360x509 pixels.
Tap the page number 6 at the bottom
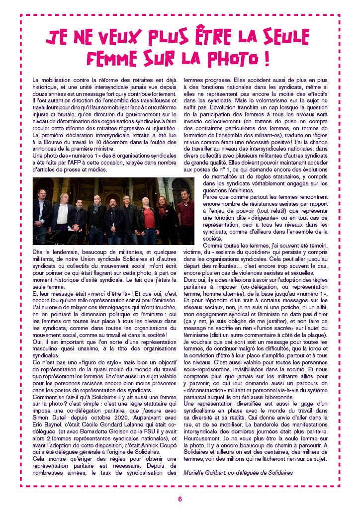[180, 499]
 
